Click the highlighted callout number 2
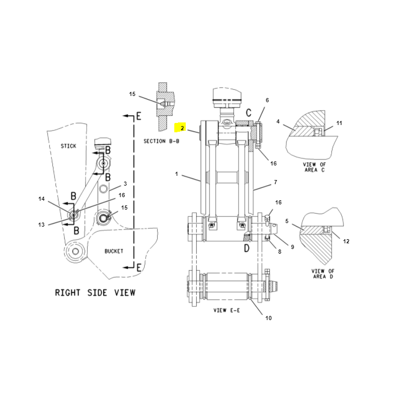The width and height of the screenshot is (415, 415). click(182, 128)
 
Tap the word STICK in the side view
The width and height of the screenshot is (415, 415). click(68, 146)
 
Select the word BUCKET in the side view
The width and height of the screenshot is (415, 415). click(114, 251)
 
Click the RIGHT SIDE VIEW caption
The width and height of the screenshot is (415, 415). click(95, 293)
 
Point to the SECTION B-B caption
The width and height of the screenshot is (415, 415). click(161, 141)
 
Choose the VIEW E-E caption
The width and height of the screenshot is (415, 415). click(227, 310)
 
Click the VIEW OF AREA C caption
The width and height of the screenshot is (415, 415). click(314, 167)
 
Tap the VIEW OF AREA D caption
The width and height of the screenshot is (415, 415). click(323, 274)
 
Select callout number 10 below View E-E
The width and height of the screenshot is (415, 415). click(268, 318)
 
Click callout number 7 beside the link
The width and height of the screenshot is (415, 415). click(275, 182)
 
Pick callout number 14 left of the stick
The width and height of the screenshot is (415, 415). click(41, 199)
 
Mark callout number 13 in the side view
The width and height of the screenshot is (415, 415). click(41, 225)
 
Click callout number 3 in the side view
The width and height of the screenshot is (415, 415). click(125, 184)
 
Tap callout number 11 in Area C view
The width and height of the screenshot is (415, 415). click(339, 123)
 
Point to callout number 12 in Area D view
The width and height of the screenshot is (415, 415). click(346, 241)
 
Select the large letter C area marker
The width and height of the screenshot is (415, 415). click(248, 113)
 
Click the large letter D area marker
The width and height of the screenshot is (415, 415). click(247, 248)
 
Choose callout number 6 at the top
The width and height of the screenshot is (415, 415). click(267, 100)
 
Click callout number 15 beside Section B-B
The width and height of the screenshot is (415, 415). click(132, 94)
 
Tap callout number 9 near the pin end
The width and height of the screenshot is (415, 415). click(293, 247)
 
